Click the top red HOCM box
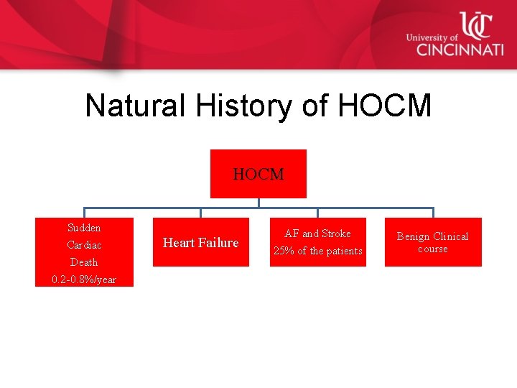258,174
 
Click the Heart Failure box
200,243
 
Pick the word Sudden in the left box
84,228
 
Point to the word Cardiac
84,245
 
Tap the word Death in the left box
84,262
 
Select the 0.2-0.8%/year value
84,280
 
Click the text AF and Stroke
317,234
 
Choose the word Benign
414,236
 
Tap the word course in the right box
432,249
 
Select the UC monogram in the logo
476,25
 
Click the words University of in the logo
432,37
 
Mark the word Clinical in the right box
451,236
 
